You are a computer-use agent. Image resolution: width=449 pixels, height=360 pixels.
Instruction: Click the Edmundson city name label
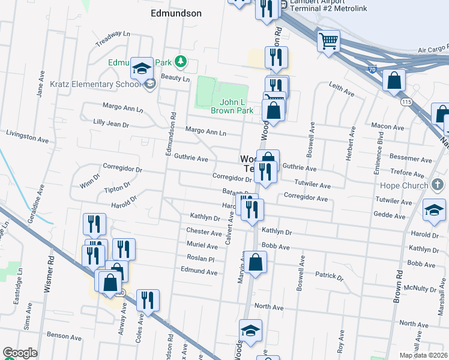coord(175,13)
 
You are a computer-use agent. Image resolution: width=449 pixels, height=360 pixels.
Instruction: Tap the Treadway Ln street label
coord(113,39)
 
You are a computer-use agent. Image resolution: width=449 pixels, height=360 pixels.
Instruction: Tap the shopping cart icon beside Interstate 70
coord(328,41)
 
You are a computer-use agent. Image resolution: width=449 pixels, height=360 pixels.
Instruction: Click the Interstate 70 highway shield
coord(372,70)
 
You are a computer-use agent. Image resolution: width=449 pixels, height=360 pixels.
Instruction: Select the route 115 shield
coord(408,103)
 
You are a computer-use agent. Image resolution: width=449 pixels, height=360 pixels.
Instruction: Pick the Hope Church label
coord(408,187)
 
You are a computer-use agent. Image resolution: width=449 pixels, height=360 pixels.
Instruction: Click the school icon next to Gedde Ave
coord(434,210)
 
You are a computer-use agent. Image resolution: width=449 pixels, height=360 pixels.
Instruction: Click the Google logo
coord(20,353)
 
